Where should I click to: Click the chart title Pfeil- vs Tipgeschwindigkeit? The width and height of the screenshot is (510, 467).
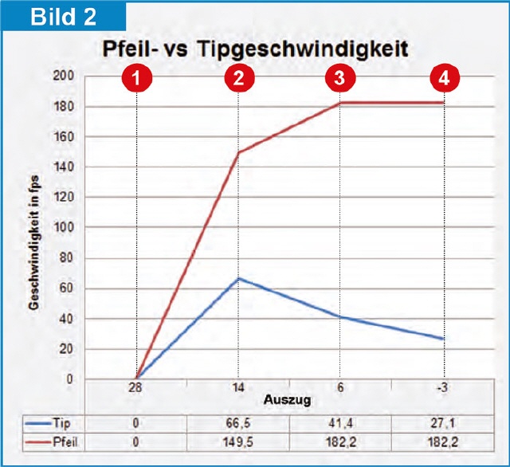pos(255,49)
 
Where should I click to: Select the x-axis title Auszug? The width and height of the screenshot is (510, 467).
pos(288,396)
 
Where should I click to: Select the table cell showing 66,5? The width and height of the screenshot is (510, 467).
pos(238,423)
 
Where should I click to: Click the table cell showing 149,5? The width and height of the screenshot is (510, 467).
pos(238,440)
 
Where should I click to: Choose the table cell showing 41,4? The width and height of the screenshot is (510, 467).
pos(340,423)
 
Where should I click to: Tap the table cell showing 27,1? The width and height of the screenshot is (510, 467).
pos(443,423)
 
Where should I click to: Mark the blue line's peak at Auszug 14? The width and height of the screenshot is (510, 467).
pos(238,278)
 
